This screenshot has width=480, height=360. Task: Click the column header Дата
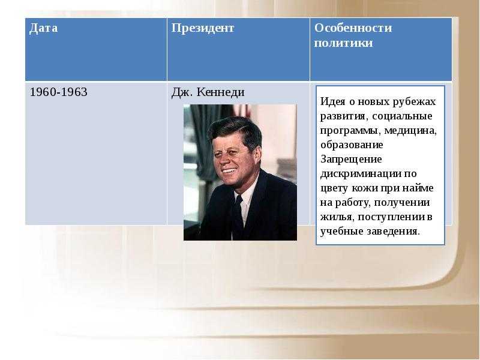[x=43, y=28]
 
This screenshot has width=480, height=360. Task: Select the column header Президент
[x=203, y=28]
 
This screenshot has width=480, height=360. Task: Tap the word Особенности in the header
[x=353, y=28]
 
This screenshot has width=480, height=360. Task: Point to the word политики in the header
[x=343, y=43]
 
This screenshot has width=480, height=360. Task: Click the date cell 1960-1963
[x=58, y=92]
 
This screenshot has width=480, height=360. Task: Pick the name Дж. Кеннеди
[x=208, y=92]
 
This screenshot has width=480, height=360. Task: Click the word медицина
[x=410, y=131]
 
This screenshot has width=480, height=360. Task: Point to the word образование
[x=352, y=145]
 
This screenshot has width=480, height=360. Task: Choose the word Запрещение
[x=351, y=160]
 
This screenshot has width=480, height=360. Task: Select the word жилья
[x=337, y=217]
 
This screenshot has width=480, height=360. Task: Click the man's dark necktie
[x=238, y=217]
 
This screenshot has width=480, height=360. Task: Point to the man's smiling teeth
[x=229, y=170]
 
